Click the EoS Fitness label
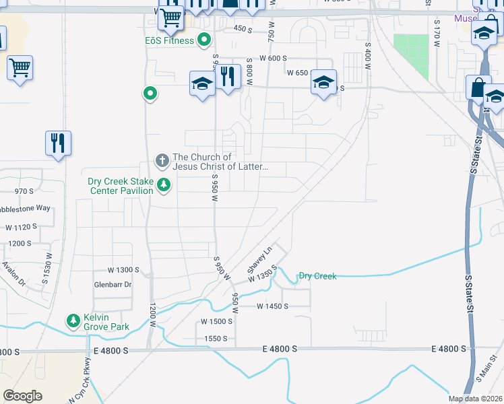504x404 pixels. [169, 40]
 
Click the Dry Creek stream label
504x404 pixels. [317, 276]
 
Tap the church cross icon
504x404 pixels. [162, 160]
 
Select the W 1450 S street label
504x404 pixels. [272, 306]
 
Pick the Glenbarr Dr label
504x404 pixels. [113, 285]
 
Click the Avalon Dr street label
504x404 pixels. [13, 272]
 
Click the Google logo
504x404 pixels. [22, 396]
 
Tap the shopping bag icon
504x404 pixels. [478, 88]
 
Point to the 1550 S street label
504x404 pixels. [216, 339]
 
